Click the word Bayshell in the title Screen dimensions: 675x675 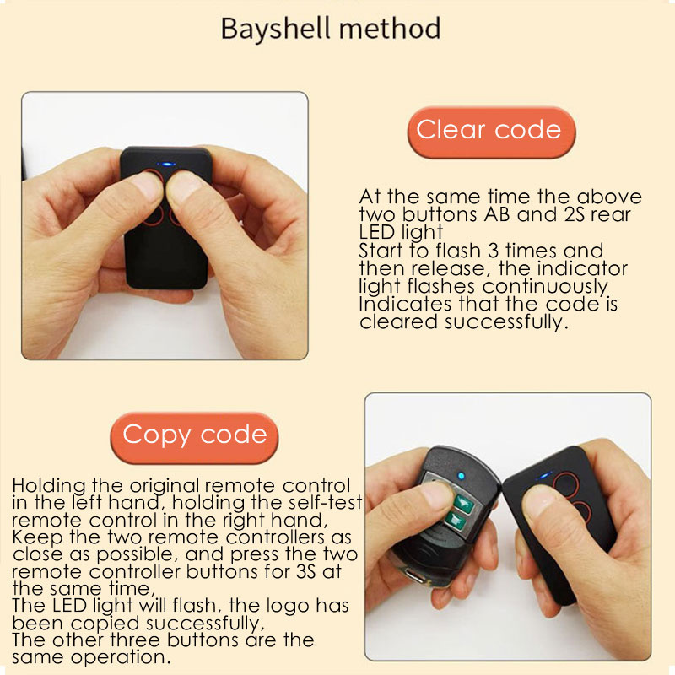click(x=277, y=30)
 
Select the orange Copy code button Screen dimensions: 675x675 click(x=194, y=437)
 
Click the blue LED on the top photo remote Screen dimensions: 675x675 click(x=165, y=164)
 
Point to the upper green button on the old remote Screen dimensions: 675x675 click(x=462, y=502)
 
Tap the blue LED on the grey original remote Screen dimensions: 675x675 click(x=461, y=476)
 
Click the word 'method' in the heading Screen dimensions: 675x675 click(x=390, y=29)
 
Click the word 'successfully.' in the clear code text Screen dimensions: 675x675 click(x=506, y=322)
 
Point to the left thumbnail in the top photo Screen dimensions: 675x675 click(x=147, y=186)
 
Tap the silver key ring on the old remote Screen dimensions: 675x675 click(x=410, y=575)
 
